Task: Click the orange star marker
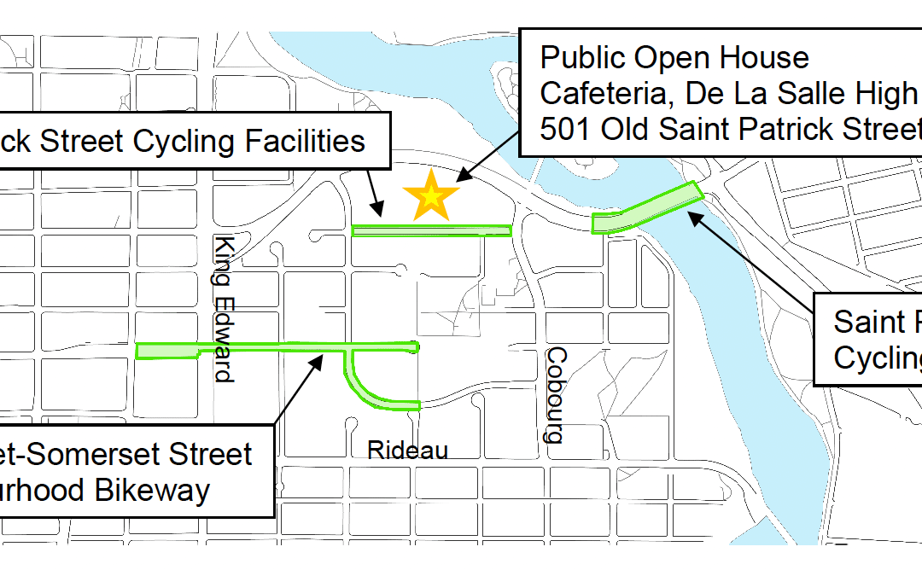pos(431,195)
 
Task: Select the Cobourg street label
pos(556,394)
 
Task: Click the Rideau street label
pos(407,451)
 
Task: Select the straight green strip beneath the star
pos(431,230)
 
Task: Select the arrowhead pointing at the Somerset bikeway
pos(320,358)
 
